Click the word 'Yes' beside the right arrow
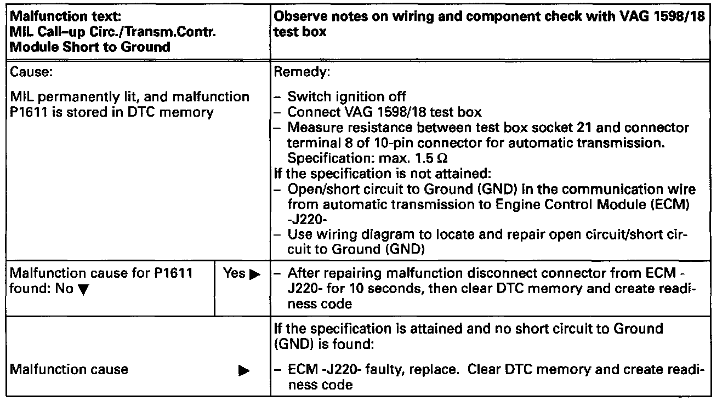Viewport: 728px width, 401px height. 234,273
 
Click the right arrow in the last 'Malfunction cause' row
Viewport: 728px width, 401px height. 241,371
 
